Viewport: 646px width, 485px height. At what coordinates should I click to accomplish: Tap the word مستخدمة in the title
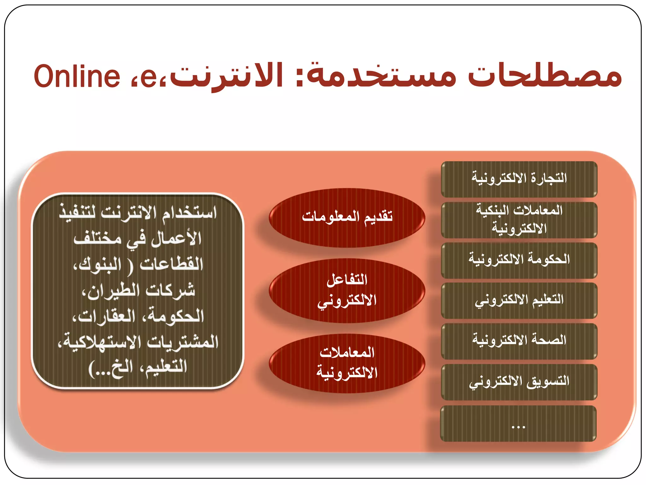(382, 76)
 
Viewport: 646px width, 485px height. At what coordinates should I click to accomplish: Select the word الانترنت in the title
(227, 76)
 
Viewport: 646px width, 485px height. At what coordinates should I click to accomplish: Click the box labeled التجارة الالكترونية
(519, 179)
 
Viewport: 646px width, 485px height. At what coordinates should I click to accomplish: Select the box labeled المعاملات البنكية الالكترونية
(519, 220)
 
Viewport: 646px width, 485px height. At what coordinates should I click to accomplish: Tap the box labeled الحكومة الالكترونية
(519, 260)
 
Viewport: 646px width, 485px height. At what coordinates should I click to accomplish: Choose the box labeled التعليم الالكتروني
(519, 301)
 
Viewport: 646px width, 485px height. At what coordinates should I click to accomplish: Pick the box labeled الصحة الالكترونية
(519, 341)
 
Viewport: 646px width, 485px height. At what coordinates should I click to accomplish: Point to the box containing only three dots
(518, 424)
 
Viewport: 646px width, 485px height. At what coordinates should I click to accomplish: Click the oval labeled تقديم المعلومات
(347, 218)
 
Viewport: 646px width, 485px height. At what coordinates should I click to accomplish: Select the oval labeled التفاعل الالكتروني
(347, 290)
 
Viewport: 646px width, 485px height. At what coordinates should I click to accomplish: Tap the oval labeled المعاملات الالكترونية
(347, 363)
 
